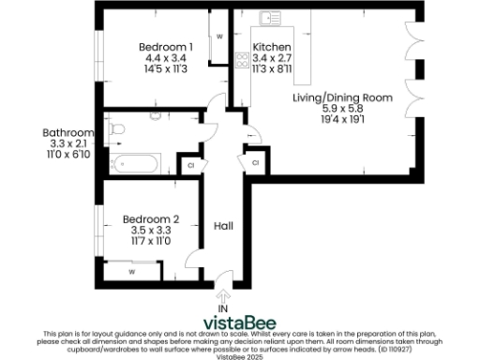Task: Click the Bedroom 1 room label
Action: click(166, 48)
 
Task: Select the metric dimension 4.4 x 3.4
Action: click(166, 58)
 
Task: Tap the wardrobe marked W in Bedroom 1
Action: click(219, 37)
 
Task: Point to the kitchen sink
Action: click(272, 17)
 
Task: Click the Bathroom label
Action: click(68, 133)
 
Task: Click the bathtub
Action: click(135, 165)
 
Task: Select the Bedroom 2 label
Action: click(151, 220)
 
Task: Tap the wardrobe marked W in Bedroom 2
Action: click(131, 272)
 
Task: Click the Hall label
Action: click(224, 226)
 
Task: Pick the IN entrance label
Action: click(223, 307)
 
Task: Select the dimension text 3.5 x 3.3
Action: click(151, 231)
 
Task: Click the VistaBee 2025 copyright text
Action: click(240, 356)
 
